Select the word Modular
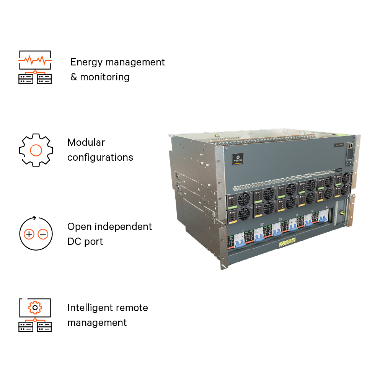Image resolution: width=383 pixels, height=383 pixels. [x=86, y=142]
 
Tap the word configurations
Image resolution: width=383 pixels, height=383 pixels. [x=100, y=157]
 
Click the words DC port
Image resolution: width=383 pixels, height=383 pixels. [x=85, y=241]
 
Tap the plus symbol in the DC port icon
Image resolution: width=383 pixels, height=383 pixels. [x=29, y=234]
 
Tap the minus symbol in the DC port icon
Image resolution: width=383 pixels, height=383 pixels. [x=43, y=234]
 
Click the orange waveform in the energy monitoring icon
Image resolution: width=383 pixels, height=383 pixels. [x=35, y=60]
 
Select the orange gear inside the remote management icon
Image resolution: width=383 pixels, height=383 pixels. [x=35, y=307]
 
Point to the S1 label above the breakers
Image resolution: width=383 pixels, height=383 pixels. [x=242, y=230]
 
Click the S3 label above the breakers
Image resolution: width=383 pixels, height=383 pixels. [x=280, y=220]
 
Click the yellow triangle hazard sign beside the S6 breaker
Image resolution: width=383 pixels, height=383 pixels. [x=342, y=212]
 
